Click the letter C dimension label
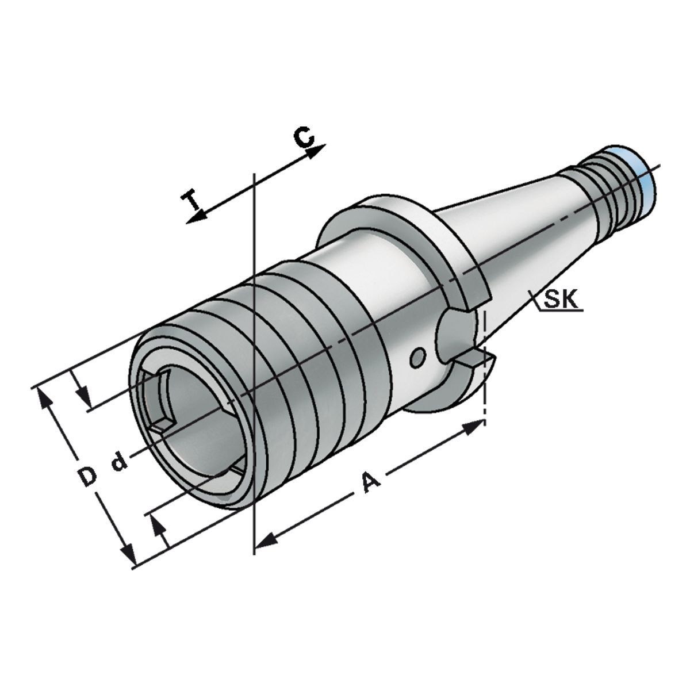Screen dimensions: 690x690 pos(304,137)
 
